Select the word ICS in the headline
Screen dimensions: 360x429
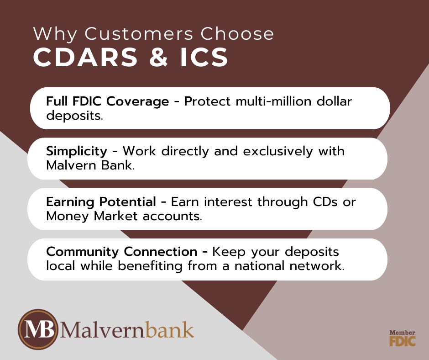(x=204, y=58)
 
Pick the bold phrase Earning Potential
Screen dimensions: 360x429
(x=105, y=202)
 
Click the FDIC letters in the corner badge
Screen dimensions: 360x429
(x=402, y=341)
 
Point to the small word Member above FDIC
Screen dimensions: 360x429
(x=402, y=332)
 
